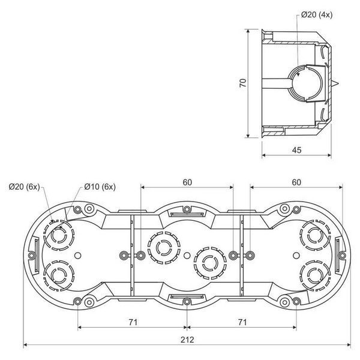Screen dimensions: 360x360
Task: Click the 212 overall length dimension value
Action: [x=187, y=340]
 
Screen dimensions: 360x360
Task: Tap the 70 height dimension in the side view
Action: [x=243, y=83]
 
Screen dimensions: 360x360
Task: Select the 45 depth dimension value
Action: [x=296, y=150]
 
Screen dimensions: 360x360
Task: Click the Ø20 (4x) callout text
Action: [x=317, y=15]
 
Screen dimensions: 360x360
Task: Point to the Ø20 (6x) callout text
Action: [x=25, y=187]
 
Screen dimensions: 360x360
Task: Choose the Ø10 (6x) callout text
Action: [x=100, y=187]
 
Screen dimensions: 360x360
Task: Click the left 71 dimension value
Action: [x=133, y=322]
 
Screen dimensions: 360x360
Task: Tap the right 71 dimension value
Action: [x=242, y=322]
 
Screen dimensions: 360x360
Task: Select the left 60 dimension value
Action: [x=187, y=182]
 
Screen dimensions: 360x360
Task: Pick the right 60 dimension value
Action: [x=296, y=182]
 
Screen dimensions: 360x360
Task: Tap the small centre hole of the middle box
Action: [x=187, y=255]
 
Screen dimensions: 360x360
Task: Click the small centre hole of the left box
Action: [x=78, y=255]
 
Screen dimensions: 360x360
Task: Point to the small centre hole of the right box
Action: [x=296, y=255]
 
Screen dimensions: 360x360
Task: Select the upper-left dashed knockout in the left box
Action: [x=59, y=236]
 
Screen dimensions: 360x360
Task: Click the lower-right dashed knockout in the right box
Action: [x=316, y=275]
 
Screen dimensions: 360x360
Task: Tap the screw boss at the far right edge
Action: [x=342, y=255]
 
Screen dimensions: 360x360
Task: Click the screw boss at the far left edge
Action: [x=32, y=255]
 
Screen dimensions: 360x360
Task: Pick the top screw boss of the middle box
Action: [x=187, y=209]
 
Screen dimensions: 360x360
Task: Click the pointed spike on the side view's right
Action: [x=335, y=83]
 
